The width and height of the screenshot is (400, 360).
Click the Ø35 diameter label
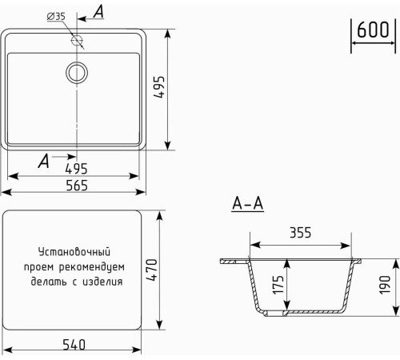click(56, 16)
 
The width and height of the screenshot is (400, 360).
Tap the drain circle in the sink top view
click(77, 72)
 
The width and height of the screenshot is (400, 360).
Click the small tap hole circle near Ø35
click(78, 38)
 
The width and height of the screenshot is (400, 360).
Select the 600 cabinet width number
click(372, 30)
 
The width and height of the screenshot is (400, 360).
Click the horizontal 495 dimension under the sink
click(75, 170)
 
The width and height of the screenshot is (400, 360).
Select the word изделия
click(104, 282)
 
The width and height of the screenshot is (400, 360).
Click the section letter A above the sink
click(98, 11)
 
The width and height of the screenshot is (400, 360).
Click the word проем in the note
click(38, 266)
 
